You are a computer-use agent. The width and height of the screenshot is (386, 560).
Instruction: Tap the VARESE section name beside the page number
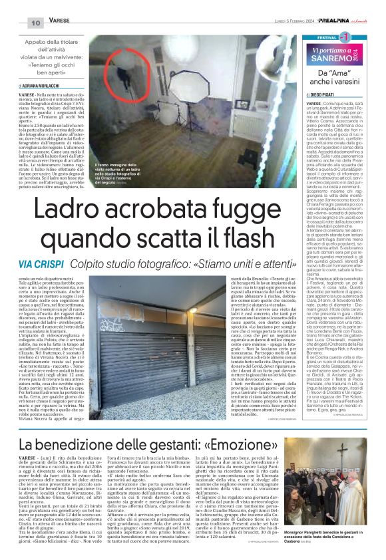(x=59, y=21)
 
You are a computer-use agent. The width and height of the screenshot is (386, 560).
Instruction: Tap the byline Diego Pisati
(x=325, y=95)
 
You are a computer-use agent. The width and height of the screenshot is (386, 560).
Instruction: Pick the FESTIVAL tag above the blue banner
(x=321, y=38)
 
